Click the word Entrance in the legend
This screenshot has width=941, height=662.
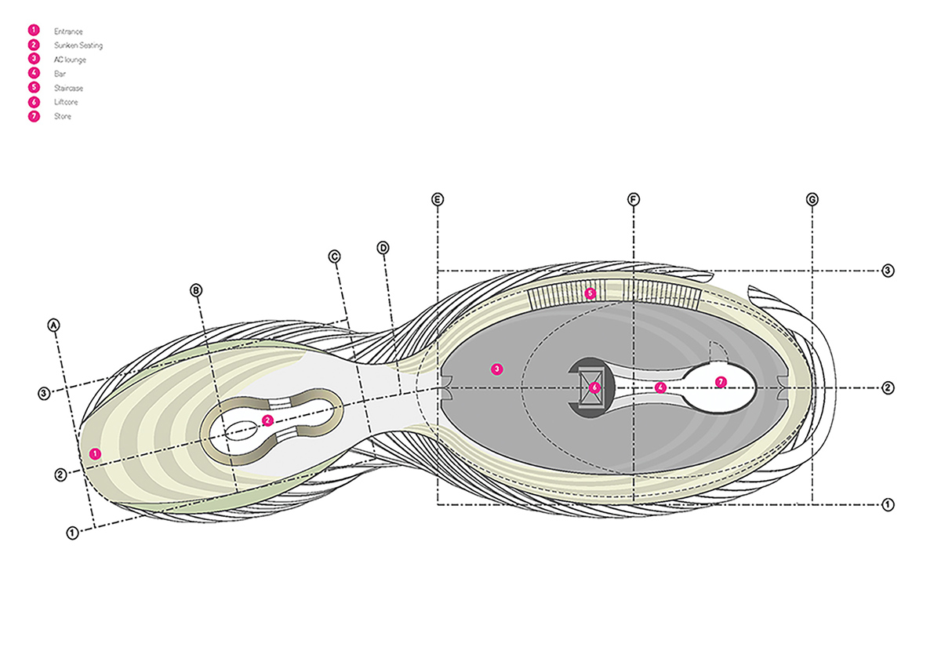pyautogui.click(x=68, y=31)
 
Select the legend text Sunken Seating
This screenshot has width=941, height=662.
pyautogui.click(x=78, y=45)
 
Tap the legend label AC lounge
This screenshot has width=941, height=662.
pyautogui.click(x=70, y=60)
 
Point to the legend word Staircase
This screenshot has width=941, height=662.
pyautogui.click(x=68, y=89)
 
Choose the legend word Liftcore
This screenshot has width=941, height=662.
pyautogui.click(x=66, y=102)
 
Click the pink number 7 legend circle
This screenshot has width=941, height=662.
pyautogui.click(x=34, y=116)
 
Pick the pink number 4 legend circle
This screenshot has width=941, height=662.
pyautogui.click(x=34, y=73)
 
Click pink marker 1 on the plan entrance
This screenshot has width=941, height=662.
pyautogui.click(x=95, y=453)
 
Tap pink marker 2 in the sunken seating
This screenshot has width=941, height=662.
pyautogui.click(x=267, y=420)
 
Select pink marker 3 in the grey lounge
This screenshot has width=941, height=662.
pyautogui.click(x=497, y=369)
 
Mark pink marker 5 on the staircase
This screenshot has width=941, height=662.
pyautogui.click(x=590, y=293)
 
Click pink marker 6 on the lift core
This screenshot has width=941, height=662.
pyautogui.click(x=594, y=387)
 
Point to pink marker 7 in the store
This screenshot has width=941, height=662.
pyautogui.click(x=721, y=382)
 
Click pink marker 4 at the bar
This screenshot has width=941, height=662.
pyautogui.click(x=660, y=387)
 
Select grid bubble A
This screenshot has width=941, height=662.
pyautogui.click(x=53, y=326)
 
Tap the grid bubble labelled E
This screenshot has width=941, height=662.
pyautogui.click(x=438, y=199)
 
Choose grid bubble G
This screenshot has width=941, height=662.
pyautogui.click(x=812, y=199)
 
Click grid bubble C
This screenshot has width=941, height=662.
pyautogui.click(x=334, y=256)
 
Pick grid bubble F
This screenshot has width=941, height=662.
pyautogui.click(x=634, y=199)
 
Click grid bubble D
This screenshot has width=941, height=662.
pyautogui.click(x=383, y=248)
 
